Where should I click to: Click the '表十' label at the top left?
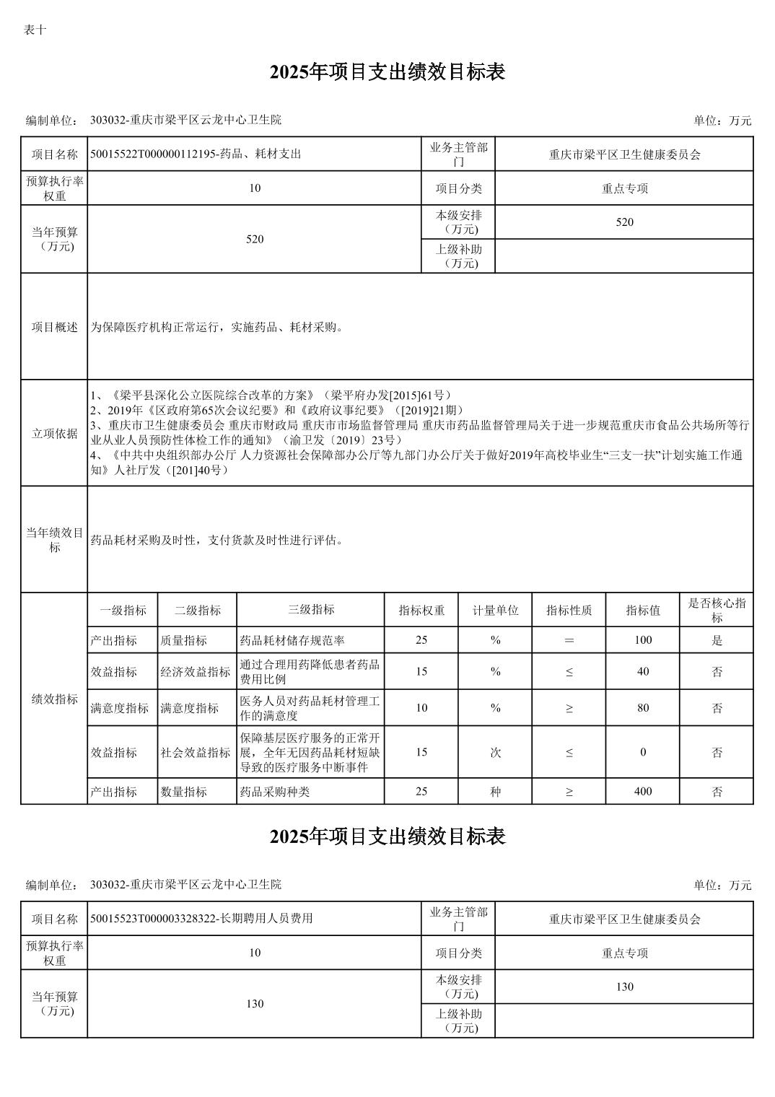click(x=35, y=30)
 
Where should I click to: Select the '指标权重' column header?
click(x=421, y=610)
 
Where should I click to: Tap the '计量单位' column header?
click(x=495, y=610)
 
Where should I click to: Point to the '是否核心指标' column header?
click(x=717, y=610)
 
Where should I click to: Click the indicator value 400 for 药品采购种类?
click(x=642, y=791)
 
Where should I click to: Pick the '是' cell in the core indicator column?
click(x=717, y=640)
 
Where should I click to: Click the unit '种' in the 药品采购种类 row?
click(x=495, y=791)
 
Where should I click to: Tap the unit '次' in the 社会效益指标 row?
click(x=495, y=752)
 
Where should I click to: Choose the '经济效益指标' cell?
click(x=196, y=672)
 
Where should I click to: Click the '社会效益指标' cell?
click(x=196, y=752)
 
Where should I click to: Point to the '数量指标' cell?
click(x=184, y=791)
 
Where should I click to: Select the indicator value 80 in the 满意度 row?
click(x=642, y=707)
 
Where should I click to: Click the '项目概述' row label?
click(x=54, y=327)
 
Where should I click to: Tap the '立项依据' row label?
click(x=54, y=433)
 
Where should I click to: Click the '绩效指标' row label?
click(x=54, y=699)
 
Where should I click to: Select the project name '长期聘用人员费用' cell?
click(x=201, y=918)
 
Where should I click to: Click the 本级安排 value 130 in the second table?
click(x=624, y=987)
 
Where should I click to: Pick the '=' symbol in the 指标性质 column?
click(x=569, y=640)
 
